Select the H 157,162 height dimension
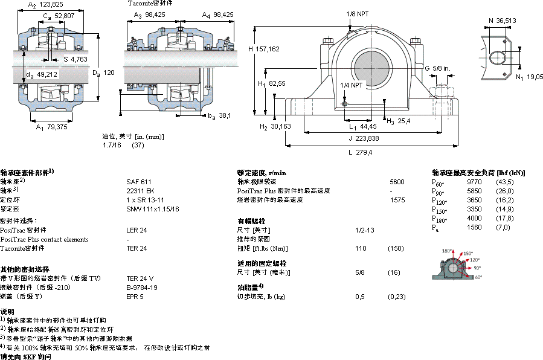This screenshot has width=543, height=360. pyautogui.click(x=264, y=49)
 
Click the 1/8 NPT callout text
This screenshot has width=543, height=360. pyautogui.click(x=358, y=13)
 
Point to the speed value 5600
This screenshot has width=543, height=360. pyautogui.click(x=397, y=181)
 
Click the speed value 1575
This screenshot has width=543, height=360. pyautogui.click(x=397, y=199)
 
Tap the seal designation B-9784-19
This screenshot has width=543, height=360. pyautogui.click(x=142, y=288)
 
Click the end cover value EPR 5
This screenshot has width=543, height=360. pyautogui.click(x=135, y=297)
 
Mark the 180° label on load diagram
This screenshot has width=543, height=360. pyautogui.click(x=448, y=251)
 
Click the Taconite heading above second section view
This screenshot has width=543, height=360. pyautogui.click(x=150, y=3)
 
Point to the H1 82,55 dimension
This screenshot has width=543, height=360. pyautogui.click(x=272, y=83)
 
